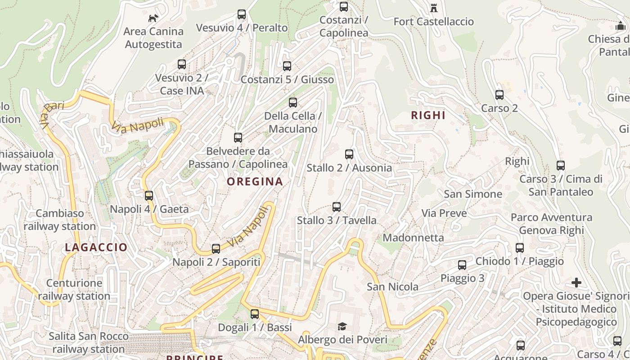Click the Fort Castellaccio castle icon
click(434, 8)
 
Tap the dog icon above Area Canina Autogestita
click(153, 18)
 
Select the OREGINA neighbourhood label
click(255, 181)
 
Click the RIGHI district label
click(428, 115)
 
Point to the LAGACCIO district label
click(96, 247)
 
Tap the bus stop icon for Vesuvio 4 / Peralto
click(242, 14)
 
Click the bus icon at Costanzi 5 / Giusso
click(287, 66)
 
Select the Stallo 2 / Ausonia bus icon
click(349, 154)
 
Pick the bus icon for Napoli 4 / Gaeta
click(149, 196)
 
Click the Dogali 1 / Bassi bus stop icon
click(255, 314)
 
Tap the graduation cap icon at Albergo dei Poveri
click(342, 326)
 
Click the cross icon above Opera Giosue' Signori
click(576, 283)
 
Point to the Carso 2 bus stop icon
click(499, 95)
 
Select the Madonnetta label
click(413, 237)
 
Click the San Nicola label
click(392, 287)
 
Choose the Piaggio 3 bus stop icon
click(462, 265)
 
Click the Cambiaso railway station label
click(60, 220)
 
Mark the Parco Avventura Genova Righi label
click(551, 224)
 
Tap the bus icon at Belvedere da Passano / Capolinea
click(238, 138)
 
